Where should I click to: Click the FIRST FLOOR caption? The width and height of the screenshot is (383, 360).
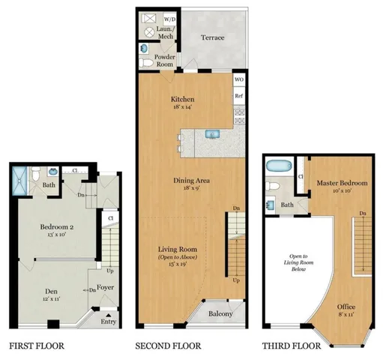(x=36, y=346)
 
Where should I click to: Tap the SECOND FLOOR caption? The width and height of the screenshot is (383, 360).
(x=169, y=346)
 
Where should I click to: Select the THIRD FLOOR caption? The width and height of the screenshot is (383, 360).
(x=291, y=346)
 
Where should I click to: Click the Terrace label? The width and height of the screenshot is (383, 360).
(x=213, y=37)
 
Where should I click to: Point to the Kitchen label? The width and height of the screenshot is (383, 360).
(x=183, y=99)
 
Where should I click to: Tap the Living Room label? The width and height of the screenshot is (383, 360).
(x=177, y=249)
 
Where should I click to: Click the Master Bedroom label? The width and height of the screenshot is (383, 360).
(x=342, y=182)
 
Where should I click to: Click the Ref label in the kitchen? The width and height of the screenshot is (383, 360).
(x=239, y=96)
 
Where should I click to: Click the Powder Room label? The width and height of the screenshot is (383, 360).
(x=165, y=61)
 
